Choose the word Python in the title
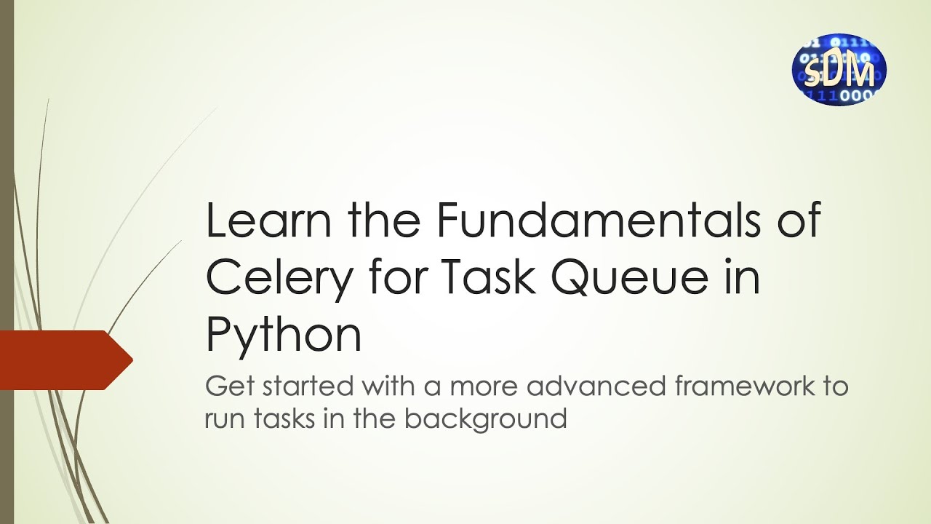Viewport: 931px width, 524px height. [x=284, y=336]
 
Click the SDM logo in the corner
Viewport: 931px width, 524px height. [x=839, y=69]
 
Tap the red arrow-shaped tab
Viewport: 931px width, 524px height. [x=65, y=359]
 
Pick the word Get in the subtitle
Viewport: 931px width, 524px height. [x=225, y=386]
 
